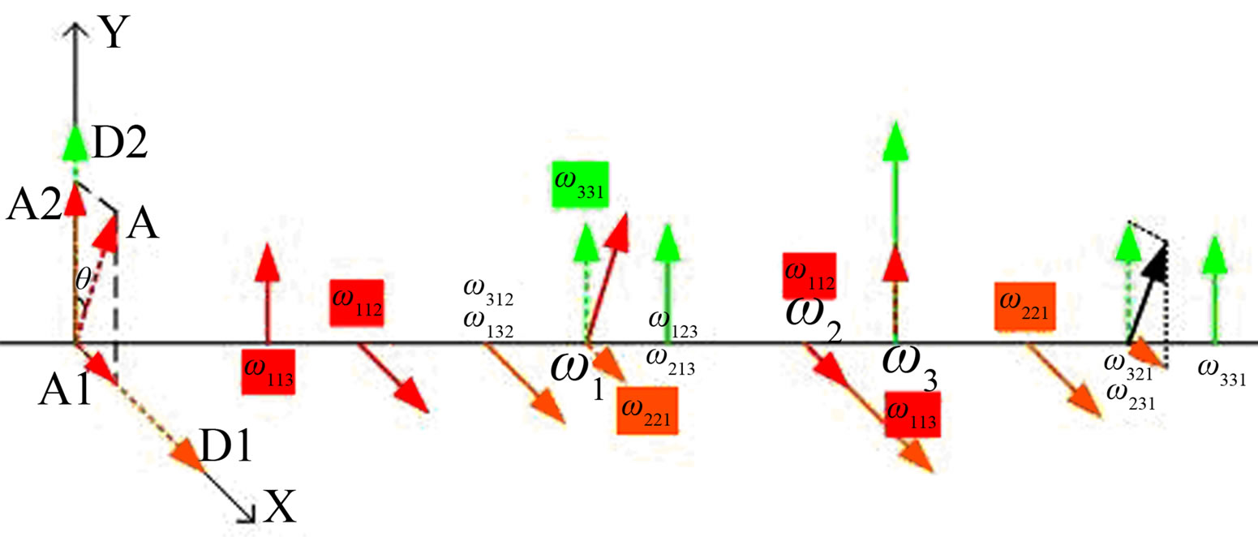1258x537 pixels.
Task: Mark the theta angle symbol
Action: pyautogui.click(x=82, y=281)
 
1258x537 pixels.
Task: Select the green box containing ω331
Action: pyautogui.click(x=580, y=191)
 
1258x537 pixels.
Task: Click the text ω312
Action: pyautogui.click(x=487, y=299)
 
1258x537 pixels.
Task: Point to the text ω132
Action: pyautogui.click(x=487, y=328)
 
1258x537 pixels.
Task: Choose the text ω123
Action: pyautogui.click(x=672, y=330)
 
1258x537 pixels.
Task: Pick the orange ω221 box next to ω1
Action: pyautogui.click(x=646, y=410)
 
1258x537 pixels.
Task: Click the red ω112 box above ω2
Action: pyautogui.click(x=809, y=277)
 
